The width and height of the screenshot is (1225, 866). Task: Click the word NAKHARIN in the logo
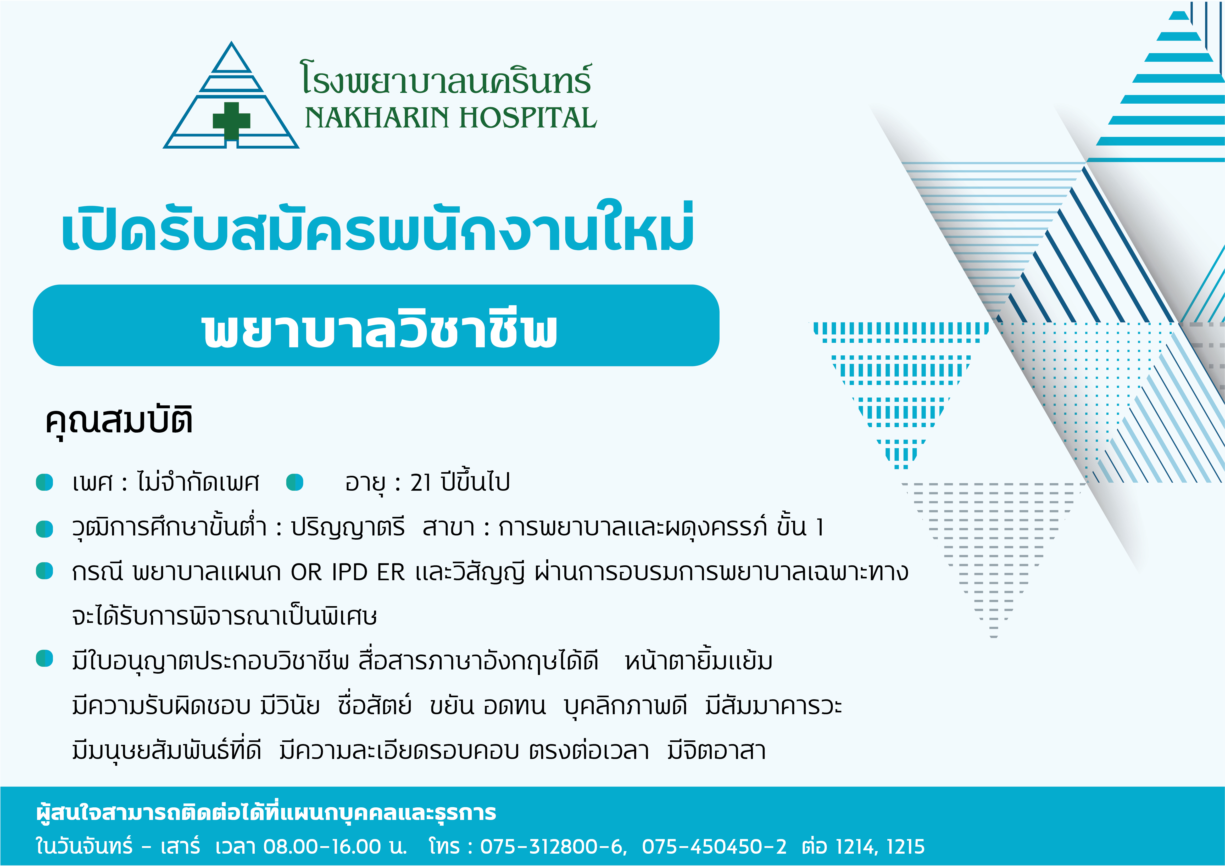[377, 118]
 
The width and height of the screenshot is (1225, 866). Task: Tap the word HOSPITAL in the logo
[528, 118]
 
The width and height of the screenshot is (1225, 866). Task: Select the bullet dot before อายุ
[294, 482]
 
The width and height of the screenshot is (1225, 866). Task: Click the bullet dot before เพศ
[44, 482]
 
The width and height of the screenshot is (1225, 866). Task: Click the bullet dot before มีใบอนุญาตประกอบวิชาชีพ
[44, 659]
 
